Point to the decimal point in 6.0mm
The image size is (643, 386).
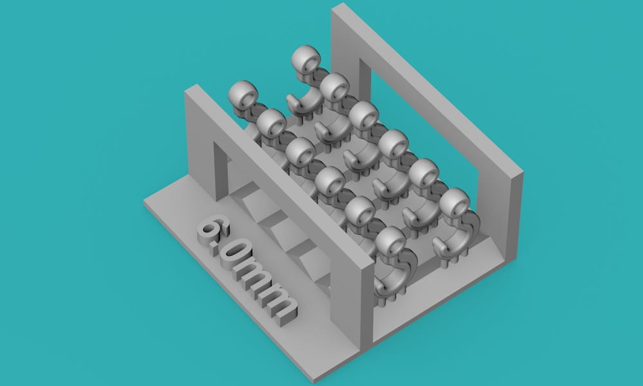pyautogui.click(x=215, y=250)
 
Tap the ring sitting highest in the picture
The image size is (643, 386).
pyautogui.click(x=306, y=59)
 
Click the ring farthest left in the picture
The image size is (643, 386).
pyautogui.click(x=243, y=95)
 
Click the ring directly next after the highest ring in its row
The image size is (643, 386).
pyautogui.click(x=334, y=87)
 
